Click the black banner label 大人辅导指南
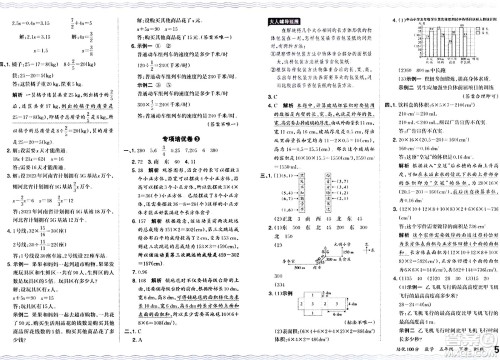pos(278,18)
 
